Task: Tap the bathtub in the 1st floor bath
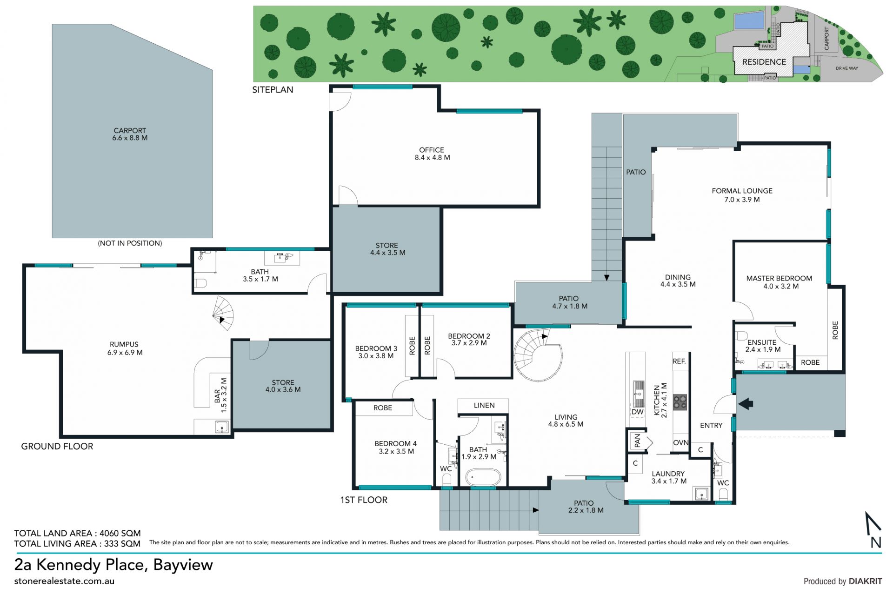(483, 477)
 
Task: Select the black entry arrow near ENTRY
(746, 404)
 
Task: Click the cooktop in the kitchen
(680, 401)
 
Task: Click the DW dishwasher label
(637, 412)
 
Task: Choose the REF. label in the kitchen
(679, 361)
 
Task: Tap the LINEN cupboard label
(484, 405)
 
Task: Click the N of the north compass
(876, 542)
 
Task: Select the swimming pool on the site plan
(749, 20)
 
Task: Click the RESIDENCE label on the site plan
(764, 62)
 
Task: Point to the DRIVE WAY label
(847, 68)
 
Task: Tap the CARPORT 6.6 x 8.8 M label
(130, 134)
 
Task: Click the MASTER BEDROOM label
(779, 278)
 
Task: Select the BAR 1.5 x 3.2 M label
(220, 395)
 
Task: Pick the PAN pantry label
(637, 440)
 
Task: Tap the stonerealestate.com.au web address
(64, 581)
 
